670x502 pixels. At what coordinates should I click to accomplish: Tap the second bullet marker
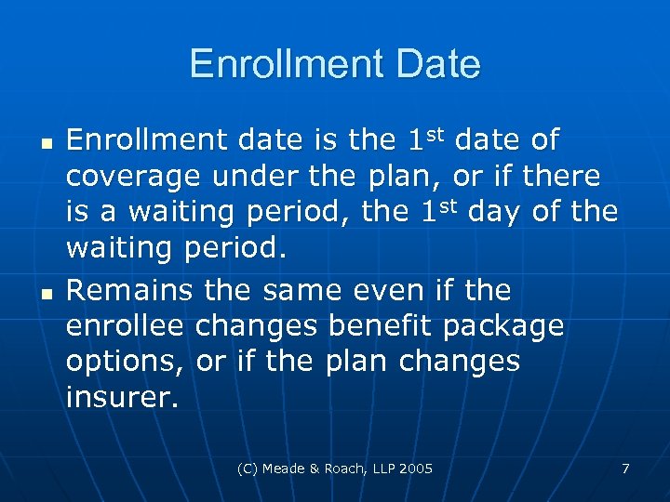click(x=45, y=297)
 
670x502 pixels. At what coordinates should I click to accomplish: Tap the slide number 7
click(x=625, y=469)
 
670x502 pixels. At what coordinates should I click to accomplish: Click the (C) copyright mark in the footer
click(x=248, y=469)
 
